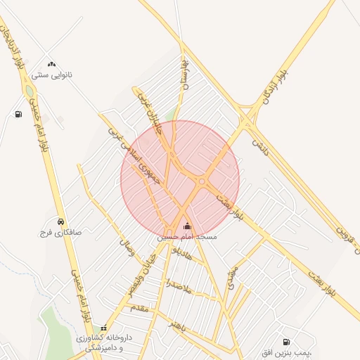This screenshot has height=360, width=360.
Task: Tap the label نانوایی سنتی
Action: (x=52, y=75)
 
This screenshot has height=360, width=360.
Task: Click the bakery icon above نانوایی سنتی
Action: (x=51, y=64)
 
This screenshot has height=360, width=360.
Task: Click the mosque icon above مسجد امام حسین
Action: (x=186, y=226)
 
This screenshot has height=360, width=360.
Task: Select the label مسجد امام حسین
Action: (x=187, y=237)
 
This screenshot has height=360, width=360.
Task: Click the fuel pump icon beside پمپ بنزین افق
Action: (x=286, y=342)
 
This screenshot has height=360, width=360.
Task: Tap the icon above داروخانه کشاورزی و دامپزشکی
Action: (x=104, y=328)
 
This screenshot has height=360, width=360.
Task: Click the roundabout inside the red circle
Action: (x=202, y=181)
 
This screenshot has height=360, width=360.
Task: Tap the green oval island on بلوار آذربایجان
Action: (x=29, y=91)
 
